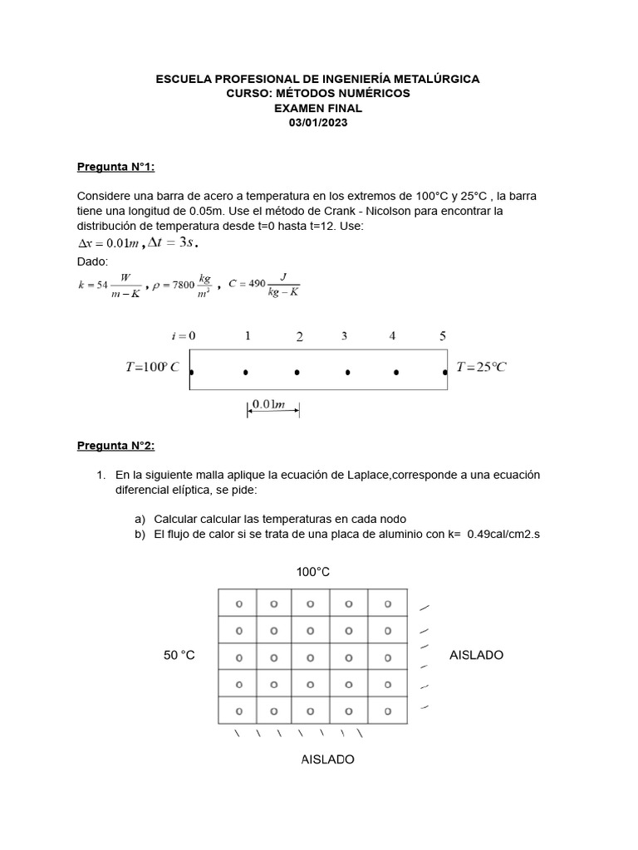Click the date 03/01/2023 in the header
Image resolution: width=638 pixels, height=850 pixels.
click(x=318, y=123)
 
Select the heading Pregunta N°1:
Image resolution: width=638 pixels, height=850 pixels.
click(x=115, y=167)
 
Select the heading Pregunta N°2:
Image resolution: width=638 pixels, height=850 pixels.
click(x=115, y=446)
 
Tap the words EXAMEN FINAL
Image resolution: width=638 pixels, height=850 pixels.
click(x=318, y=108)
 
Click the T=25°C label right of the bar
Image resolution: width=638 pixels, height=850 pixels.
click(x=481, y=366)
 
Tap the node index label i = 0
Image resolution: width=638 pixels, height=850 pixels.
click(x=183, y=335)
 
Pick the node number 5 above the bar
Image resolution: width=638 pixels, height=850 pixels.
click(x=443, y=336)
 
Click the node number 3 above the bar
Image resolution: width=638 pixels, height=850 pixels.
click(x=344, y=336)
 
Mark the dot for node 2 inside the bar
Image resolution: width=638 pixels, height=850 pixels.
click(x=297, y=373)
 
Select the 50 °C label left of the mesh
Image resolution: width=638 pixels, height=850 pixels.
click(x=179, y=655)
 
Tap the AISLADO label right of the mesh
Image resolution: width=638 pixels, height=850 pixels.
click(x=476, y=655)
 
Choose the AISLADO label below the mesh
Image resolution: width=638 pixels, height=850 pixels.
click(x=327, y=760)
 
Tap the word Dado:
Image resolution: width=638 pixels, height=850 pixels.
click(x=93, y=261)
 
